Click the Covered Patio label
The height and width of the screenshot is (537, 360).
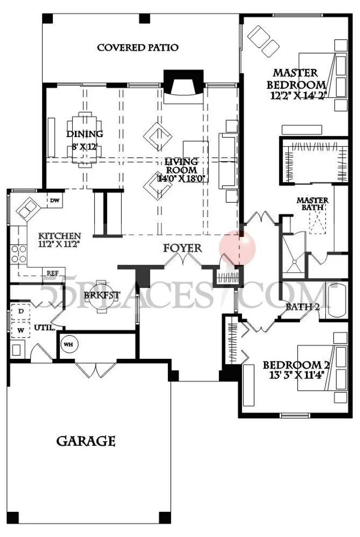tap(138, 47)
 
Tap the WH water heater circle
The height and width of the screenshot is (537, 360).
tap(69, 345)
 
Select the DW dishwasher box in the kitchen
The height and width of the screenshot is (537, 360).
tap(55, 200)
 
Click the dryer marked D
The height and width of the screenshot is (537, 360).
tap(21, 312)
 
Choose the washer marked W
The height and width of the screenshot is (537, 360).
tap(21, 330)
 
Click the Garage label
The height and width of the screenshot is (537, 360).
tap(86, 441)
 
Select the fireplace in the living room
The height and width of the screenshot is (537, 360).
tap(184, 86)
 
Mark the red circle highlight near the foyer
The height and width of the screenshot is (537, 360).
tap(237, 248)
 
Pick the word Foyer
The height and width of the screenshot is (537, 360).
tap(183, 248)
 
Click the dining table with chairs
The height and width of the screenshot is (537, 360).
tap(85, 140)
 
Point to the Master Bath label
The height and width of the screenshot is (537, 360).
tap(312, 204)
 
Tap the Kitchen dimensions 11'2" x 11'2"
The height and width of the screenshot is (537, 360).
tap(59, 244)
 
